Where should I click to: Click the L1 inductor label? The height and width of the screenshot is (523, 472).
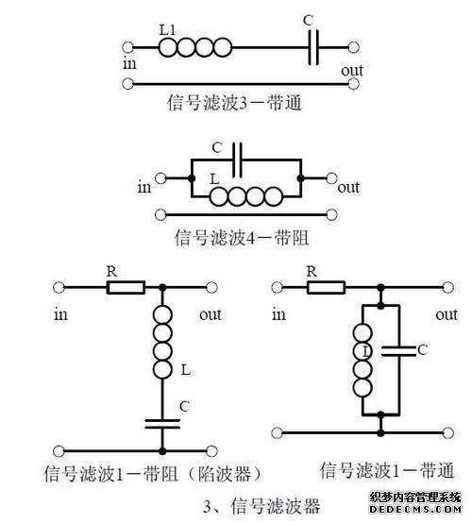167,30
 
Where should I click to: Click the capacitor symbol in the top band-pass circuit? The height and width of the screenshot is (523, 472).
313,47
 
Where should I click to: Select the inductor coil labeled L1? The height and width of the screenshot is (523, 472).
194,47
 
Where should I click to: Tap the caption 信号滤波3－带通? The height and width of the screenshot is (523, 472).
234,102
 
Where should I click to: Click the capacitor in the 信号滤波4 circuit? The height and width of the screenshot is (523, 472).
237,160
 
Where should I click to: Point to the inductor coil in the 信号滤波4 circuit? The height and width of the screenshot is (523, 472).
246,196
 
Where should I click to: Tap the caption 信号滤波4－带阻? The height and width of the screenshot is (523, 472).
242,238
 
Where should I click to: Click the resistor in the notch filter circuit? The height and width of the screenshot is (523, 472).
126,288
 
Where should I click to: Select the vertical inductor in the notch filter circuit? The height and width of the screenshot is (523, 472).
162,343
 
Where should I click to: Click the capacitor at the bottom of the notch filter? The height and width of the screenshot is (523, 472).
162,424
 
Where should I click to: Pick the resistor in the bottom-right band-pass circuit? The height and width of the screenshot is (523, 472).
326,287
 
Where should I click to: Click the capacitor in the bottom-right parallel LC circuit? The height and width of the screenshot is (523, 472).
399,351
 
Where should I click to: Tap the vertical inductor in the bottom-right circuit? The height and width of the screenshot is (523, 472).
362,361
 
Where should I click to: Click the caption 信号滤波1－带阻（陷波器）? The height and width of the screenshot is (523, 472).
152,474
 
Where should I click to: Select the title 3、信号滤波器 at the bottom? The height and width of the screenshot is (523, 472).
261,506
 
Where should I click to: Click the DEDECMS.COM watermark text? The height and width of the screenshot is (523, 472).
415,509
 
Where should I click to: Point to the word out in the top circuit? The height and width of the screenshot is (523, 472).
352,71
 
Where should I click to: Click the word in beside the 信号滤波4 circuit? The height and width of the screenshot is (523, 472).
144,187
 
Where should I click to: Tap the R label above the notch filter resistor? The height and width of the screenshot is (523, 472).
112,272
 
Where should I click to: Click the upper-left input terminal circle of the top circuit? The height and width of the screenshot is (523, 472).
127,47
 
